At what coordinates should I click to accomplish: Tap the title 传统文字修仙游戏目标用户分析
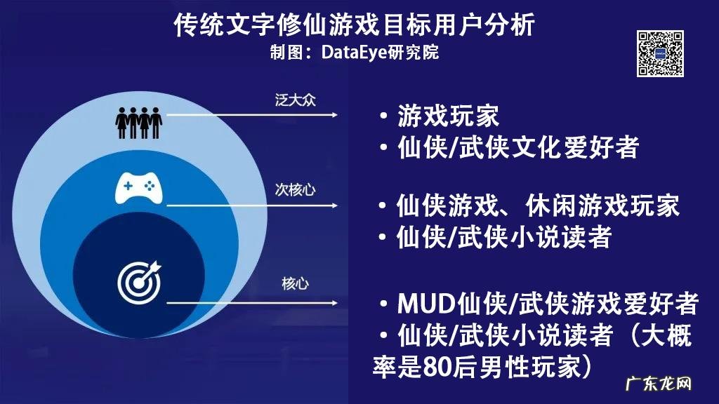[x=355, y=25]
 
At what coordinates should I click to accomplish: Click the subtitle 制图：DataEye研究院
[x=354, y=52]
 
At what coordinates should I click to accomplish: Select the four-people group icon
[x=138, y=123]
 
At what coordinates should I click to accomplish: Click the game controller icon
[x=138, y=187]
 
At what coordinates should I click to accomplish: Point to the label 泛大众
[x=296, y=99]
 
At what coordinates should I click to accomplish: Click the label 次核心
[x=296, y=189]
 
